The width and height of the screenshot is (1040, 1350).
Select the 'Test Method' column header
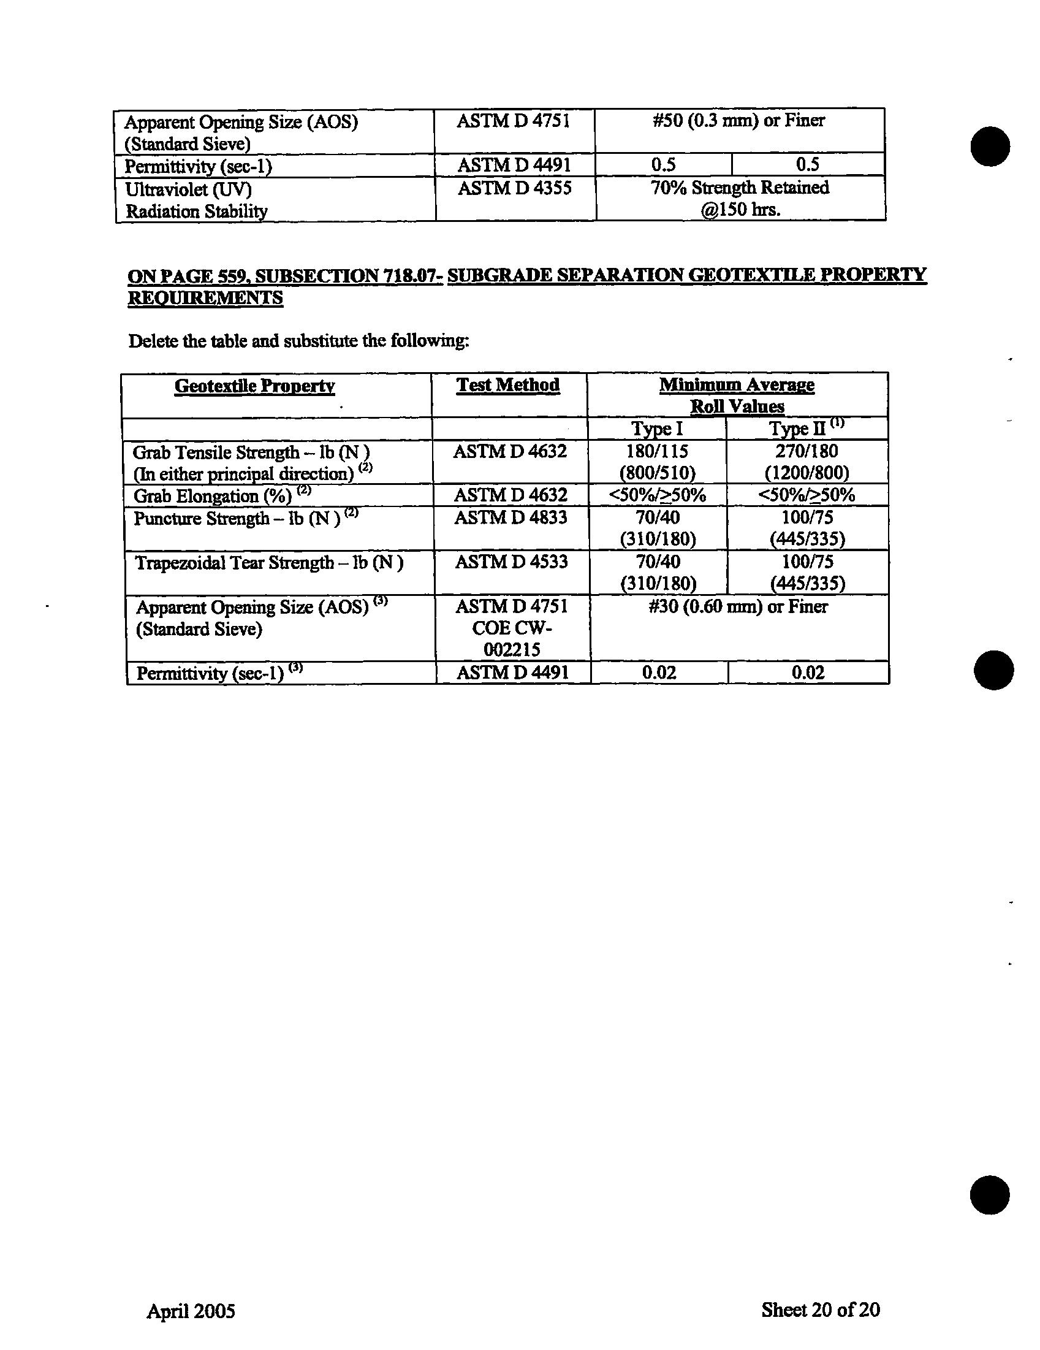(508, 385)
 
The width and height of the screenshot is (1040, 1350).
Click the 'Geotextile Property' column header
(254, 386)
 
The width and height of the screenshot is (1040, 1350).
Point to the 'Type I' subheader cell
(656, 429)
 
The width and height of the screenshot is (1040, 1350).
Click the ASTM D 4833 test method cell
(511, 517)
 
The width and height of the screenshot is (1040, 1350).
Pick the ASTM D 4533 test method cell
(511, 562)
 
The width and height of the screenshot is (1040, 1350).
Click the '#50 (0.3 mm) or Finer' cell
(738, 121)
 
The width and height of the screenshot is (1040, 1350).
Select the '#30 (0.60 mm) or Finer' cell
(738, 607)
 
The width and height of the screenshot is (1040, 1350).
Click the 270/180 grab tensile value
(807, 451)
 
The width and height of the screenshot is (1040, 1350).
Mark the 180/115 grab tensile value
(657, 451)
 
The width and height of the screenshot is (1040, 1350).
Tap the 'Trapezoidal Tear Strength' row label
(269, 563)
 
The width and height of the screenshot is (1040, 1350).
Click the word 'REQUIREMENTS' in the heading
(205, 298)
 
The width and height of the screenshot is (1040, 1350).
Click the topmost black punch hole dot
(990, 147)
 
